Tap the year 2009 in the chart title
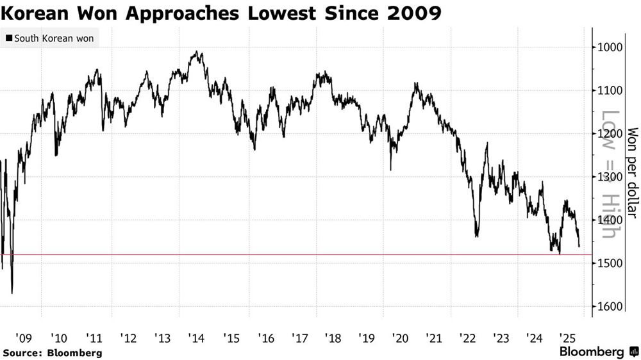417,13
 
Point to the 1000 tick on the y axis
608,47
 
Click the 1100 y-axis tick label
608,90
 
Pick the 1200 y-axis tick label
608,133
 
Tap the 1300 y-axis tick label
608,177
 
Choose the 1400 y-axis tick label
608,220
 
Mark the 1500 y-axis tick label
608,263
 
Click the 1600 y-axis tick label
608,306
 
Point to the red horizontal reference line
295,255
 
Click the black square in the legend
8,38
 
